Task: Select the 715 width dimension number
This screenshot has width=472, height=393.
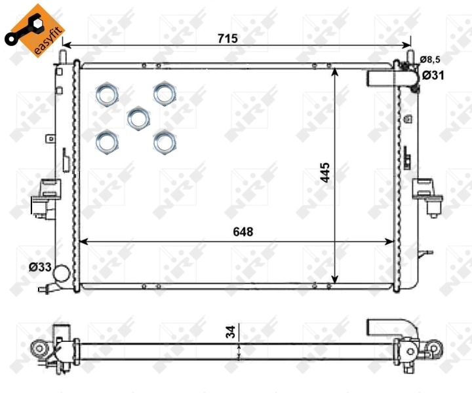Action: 227,39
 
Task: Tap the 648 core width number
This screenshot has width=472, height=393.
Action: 241,231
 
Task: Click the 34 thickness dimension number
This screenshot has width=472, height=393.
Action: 231,333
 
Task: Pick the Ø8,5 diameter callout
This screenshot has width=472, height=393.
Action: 430,60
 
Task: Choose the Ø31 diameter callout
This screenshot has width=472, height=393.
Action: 434,75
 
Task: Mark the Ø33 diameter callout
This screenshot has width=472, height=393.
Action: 39,267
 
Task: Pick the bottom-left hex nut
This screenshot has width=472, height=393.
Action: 107,141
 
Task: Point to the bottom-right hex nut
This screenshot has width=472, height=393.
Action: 165,141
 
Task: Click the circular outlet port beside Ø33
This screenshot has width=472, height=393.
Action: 62,273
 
